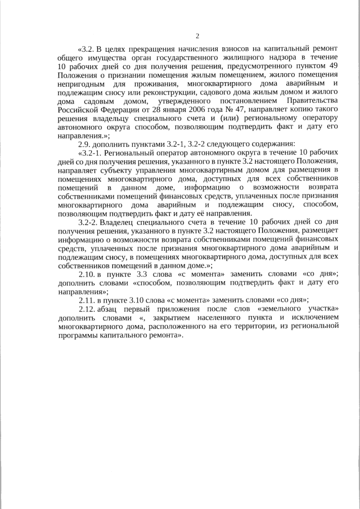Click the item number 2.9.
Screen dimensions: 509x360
click(84, 144)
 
